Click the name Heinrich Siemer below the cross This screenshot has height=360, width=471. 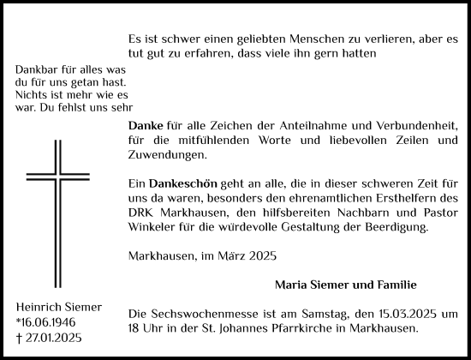(57, 307)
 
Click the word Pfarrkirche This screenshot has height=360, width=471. (301, 329)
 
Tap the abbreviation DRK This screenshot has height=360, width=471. (139, 213)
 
